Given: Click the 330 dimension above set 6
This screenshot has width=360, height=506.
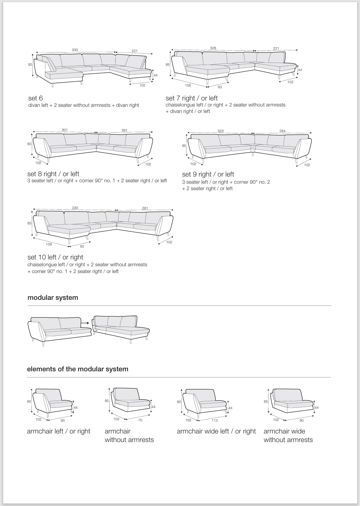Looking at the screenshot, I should pyautogui.click(x=75, y=50).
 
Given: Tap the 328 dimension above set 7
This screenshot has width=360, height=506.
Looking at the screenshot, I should pyautogui.click(x=213, y=48).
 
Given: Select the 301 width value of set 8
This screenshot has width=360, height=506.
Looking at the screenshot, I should pyautogui.click(x=65, y=130).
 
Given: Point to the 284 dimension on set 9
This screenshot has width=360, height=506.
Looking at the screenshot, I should pyautogui.click(x=282, y=131).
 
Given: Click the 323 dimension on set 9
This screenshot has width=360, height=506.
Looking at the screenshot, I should pyautogui.click(x=220, y=131).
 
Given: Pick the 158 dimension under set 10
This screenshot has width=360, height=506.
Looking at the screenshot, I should pyautogui.click(x=49, y=244).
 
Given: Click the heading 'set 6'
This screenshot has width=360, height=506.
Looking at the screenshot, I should pyautogui.click(x=35, y=98).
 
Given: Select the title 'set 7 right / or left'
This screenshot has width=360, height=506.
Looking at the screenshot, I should pyautogui.click(x=191, y=98).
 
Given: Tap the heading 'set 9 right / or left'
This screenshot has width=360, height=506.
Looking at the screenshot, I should pyautogui.click(x=208, y=174).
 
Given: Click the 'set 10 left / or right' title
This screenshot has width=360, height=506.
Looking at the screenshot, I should pyautogui.click(x=55, y=257).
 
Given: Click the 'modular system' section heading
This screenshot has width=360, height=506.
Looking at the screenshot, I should pyautogui.click(x=52, y=298).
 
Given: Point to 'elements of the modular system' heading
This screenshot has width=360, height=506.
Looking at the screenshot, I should pyautogui.click(x=77, y=369).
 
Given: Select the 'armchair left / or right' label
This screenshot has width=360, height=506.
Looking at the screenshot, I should pyautogui.click(x=59, y=431).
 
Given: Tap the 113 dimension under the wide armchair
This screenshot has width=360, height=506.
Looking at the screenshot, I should pyautogui.click(x=215, y=421).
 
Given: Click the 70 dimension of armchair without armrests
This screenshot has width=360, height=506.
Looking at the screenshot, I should pyautogui.click(x=140, y=420).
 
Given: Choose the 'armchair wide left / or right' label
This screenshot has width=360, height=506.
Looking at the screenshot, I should pyautogui.click(x=216, y=431).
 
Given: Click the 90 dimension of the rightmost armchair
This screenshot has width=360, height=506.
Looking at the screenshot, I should pyautogui.click(x=301, y=421).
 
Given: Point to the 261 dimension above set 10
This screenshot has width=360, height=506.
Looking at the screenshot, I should pyautogui.click(x=145, y=208).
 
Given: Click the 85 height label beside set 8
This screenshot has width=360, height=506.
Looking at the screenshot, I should pyautogui.click(x=30, y=144).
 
